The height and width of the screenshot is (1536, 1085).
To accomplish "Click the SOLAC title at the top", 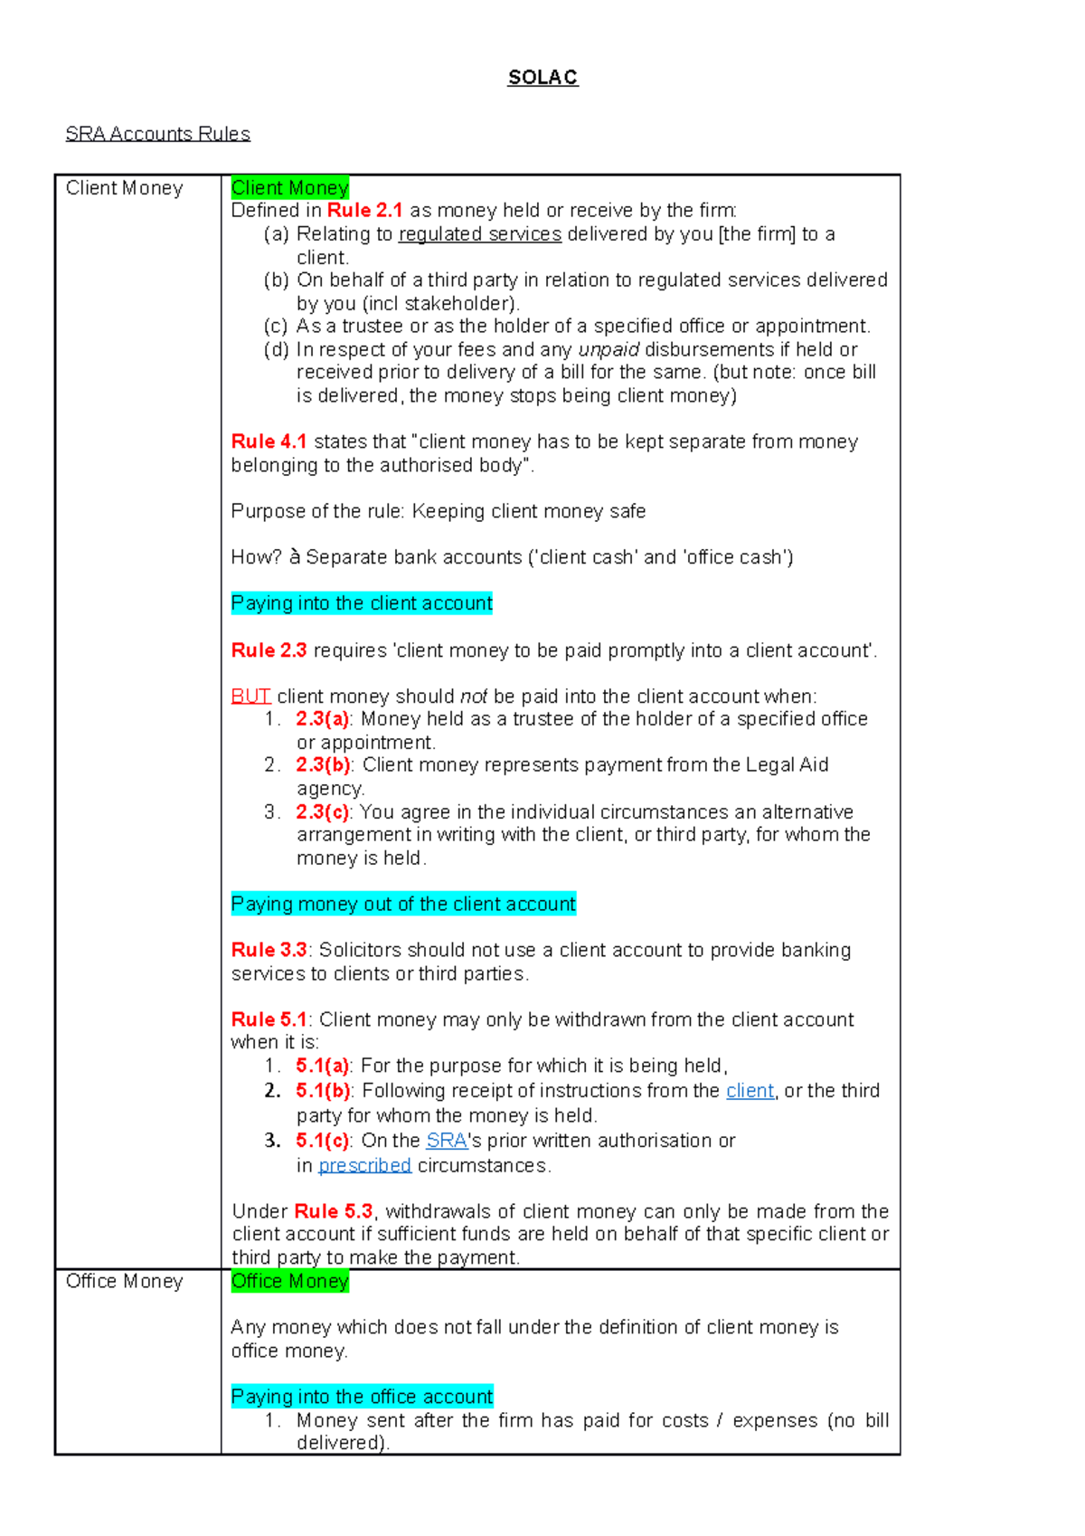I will (x=542, y=78).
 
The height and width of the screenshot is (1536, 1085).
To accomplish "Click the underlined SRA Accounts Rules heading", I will (x=157, y=134).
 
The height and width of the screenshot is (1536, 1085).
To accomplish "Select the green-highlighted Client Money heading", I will (x=289, y=188).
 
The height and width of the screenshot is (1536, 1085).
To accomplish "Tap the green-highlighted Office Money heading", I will (x=289, y=1281).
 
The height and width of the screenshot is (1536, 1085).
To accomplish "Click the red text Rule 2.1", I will (x=364, y=211).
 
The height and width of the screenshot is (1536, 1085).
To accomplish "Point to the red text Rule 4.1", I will (x=269, y=441).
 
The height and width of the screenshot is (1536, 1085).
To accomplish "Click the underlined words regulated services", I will (x=480, y=234).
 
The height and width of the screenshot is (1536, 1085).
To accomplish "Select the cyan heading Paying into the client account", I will (x=362, y=603).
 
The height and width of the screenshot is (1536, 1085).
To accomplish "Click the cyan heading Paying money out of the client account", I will (x=403, y=904).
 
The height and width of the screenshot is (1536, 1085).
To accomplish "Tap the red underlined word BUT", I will (x=250, y=697).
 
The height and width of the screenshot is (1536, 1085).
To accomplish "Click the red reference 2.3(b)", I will (x=323, y=765).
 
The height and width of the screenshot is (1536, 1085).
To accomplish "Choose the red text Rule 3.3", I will (x=269, y=950).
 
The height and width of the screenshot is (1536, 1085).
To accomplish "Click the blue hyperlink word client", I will (x=750, y=1091).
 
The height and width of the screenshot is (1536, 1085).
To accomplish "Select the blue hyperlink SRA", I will (x=447, y=1141).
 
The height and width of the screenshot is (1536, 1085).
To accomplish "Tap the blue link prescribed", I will (x=364, y=1166).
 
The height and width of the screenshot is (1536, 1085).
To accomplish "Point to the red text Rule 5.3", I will (x=333, y=1211).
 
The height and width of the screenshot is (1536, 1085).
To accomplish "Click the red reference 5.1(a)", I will (x=323, y=1066).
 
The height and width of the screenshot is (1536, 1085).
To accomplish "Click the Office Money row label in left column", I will (x=125, y=1281).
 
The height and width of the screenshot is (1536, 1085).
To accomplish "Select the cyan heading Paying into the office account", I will (x=362, y=1397).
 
